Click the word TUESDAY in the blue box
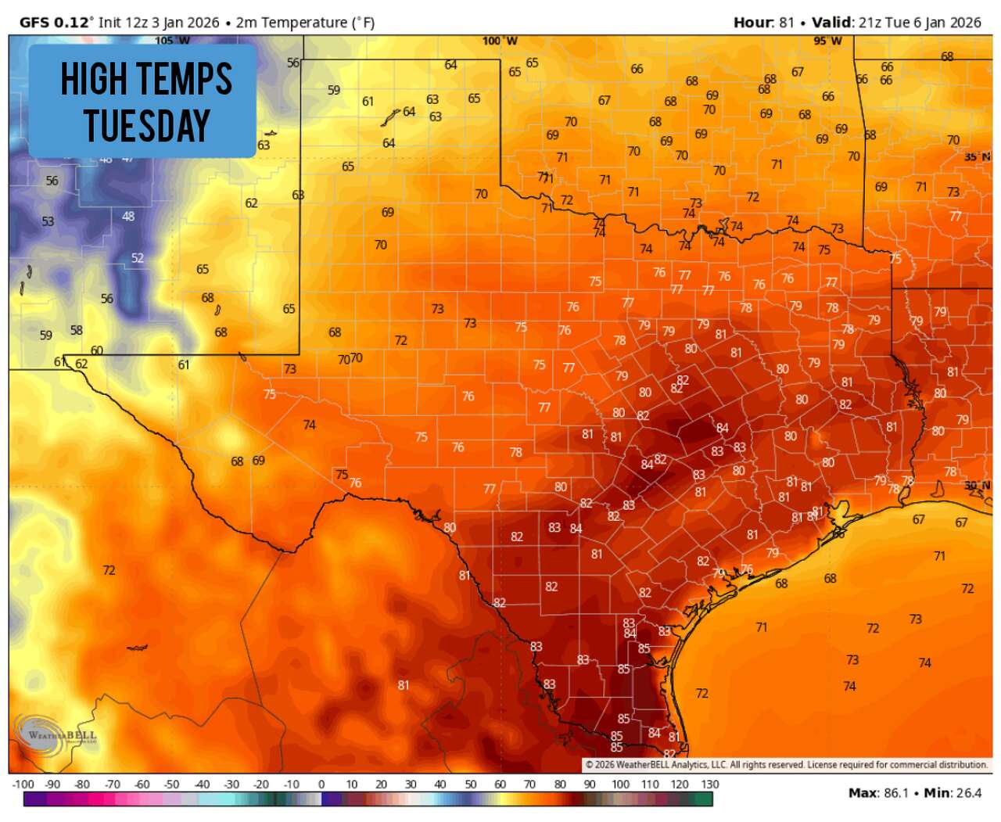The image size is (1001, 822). (x=147, y=126)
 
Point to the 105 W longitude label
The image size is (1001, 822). (x=172, y=41)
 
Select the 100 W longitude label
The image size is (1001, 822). (x=499, y=41)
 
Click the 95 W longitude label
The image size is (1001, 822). (x=827, y=41)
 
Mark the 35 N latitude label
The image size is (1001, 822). (x=977, y=157)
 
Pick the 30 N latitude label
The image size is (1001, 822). (x=977, y=486)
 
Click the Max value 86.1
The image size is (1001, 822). (x=896, y=793)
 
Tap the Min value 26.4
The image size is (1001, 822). (x=968, y=793)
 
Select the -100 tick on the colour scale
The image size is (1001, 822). (x=23, y=784)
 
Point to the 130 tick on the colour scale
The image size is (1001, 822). (x=710, y=784)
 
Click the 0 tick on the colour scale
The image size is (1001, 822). (x=321, y=784)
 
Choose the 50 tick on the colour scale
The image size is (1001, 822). (x=471, y=784)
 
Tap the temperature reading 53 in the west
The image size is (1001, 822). (x=48, y=221)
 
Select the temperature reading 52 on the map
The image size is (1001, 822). (x=138, y=258)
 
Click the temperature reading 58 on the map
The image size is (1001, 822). (x=76, y=330)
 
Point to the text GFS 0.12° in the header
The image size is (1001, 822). (x=55, y=22)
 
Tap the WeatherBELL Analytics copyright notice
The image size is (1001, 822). (x=786, y=764)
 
